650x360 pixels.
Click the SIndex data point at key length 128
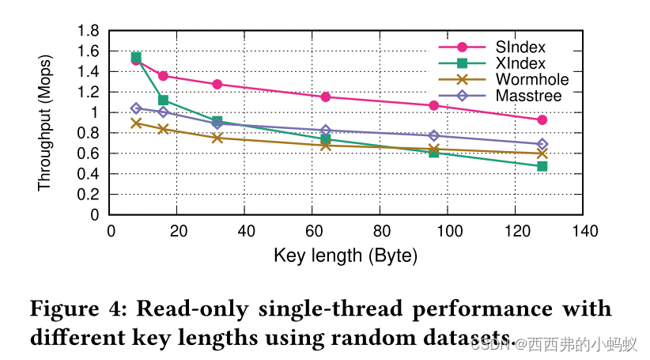coord(542,120)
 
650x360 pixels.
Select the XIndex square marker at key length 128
coord(542,166)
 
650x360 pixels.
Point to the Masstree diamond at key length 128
coord(542,145)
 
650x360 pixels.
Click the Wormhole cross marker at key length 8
coord(136,123)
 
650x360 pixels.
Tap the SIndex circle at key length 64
coord(325,97)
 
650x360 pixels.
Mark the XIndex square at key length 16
coord(163,100)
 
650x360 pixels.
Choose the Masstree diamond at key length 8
coord(136,108)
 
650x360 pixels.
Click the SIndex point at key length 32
coord(217,84)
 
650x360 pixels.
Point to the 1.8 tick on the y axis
coord(88,31)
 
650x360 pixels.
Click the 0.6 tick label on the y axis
coord(88,153)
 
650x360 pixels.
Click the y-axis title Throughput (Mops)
coord(44,123)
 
